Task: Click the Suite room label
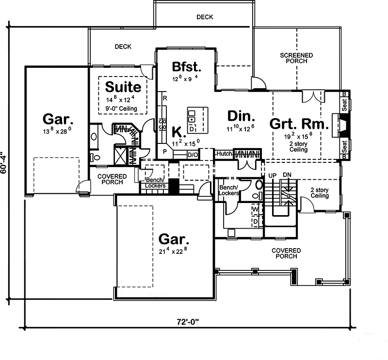click(123, 87)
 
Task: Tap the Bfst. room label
click(186, 66)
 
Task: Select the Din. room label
click(241, 117)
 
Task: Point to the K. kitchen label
click(178, 132)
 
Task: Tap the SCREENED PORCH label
click(296, 59)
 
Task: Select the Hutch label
click(224, 154)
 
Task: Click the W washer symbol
click(255, 210)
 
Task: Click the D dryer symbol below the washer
click(255, 221)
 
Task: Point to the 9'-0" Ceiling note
click(123, 109)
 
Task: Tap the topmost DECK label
click(205, 17)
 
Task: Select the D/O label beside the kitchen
click(193, 155)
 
